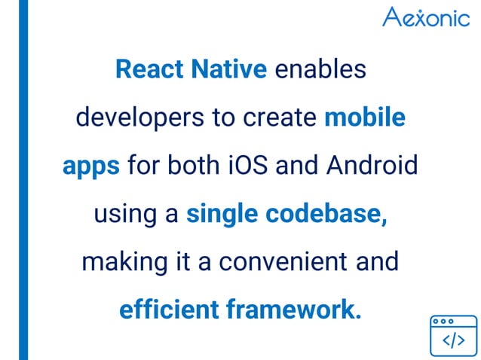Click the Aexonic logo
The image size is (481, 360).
tap(425, 17)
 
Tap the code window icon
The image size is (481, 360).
tap(453, 336)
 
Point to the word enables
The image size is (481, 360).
tap(320, 70)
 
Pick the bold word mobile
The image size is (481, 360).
tap(365, 118)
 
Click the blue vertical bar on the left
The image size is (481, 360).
tap(23, 180)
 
